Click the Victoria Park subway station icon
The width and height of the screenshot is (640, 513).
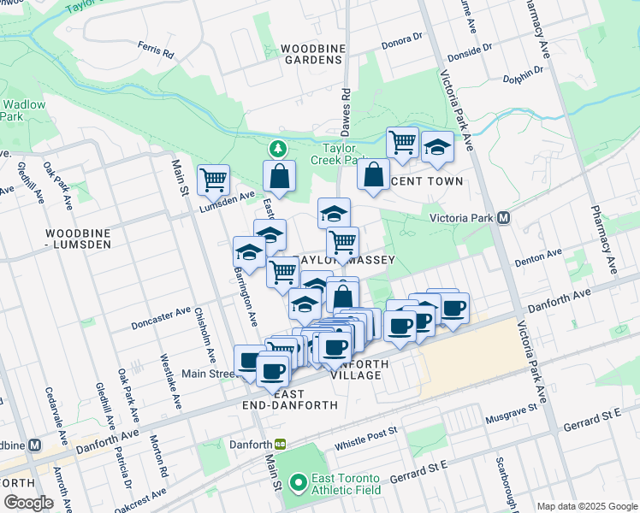pos(504,218)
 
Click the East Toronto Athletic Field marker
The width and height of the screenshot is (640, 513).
pos(298,483)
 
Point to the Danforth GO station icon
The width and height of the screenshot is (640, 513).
pos(280,445)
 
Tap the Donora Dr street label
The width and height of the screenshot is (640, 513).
pos(403,38)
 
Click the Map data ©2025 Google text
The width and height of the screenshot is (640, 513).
pos(587,506)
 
